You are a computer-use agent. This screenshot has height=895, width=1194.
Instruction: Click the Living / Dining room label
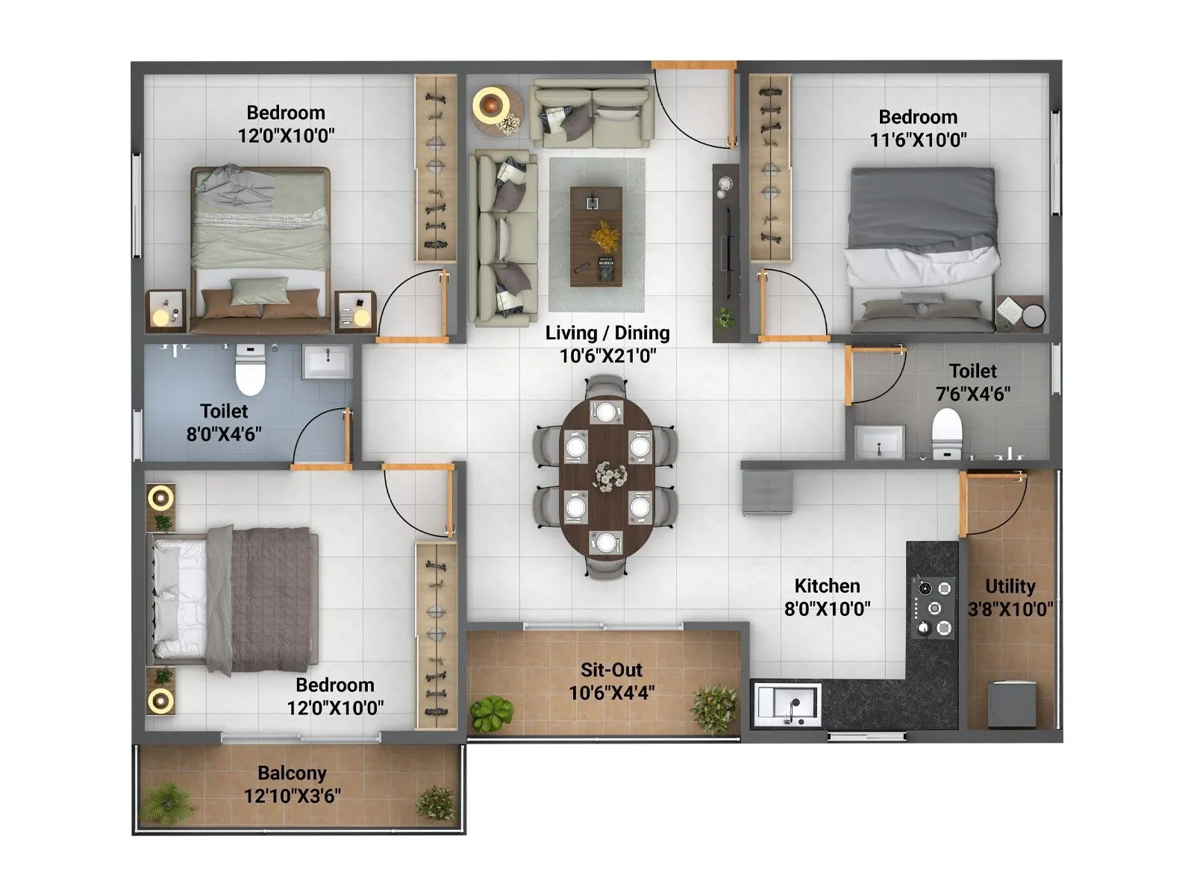pos(607,344)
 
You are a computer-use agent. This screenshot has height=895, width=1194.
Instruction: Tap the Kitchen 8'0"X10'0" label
pos(827,597)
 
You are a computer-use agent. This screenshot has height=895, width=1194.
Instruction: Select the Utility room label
pos(1010,597)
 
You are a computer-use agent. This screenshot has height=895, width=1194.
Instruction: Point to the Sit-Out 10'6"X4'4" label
pos(611,681)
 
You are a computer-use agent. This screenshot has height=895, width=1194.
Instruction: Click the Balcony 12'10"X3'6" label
pos(292,784)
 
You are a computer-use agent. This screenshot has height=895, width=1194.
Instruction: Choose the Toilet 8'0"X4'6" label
pos(223,422)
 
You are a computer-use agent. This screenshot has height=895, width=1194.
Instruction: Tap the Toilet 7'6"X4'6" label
pos(972,381)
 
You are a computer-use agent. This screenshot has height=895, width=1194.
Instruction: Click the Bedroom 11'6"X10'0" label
pos(918,128)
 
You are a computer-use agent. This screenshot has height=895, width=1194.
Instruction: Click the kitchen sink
pos(787,703)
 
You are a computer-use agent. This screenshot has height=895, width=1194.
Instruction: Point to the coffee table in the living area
pos(596,236)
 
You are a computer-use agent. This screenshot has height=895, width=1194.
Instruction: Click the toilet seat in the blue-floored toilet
pos(250,369)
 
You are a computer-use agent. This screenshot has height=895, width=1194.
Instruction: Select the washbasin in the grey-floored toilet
pos(879,442)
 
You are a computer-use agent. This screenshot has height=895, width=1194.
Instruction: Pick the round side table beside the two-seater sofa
pos(493,110)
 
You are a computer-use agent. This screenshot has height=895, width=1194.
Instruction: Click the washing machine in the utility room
pos(1011,703)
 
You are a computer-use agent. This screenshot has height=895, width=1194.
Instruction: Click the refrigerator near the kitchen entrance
pos(767,492)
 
